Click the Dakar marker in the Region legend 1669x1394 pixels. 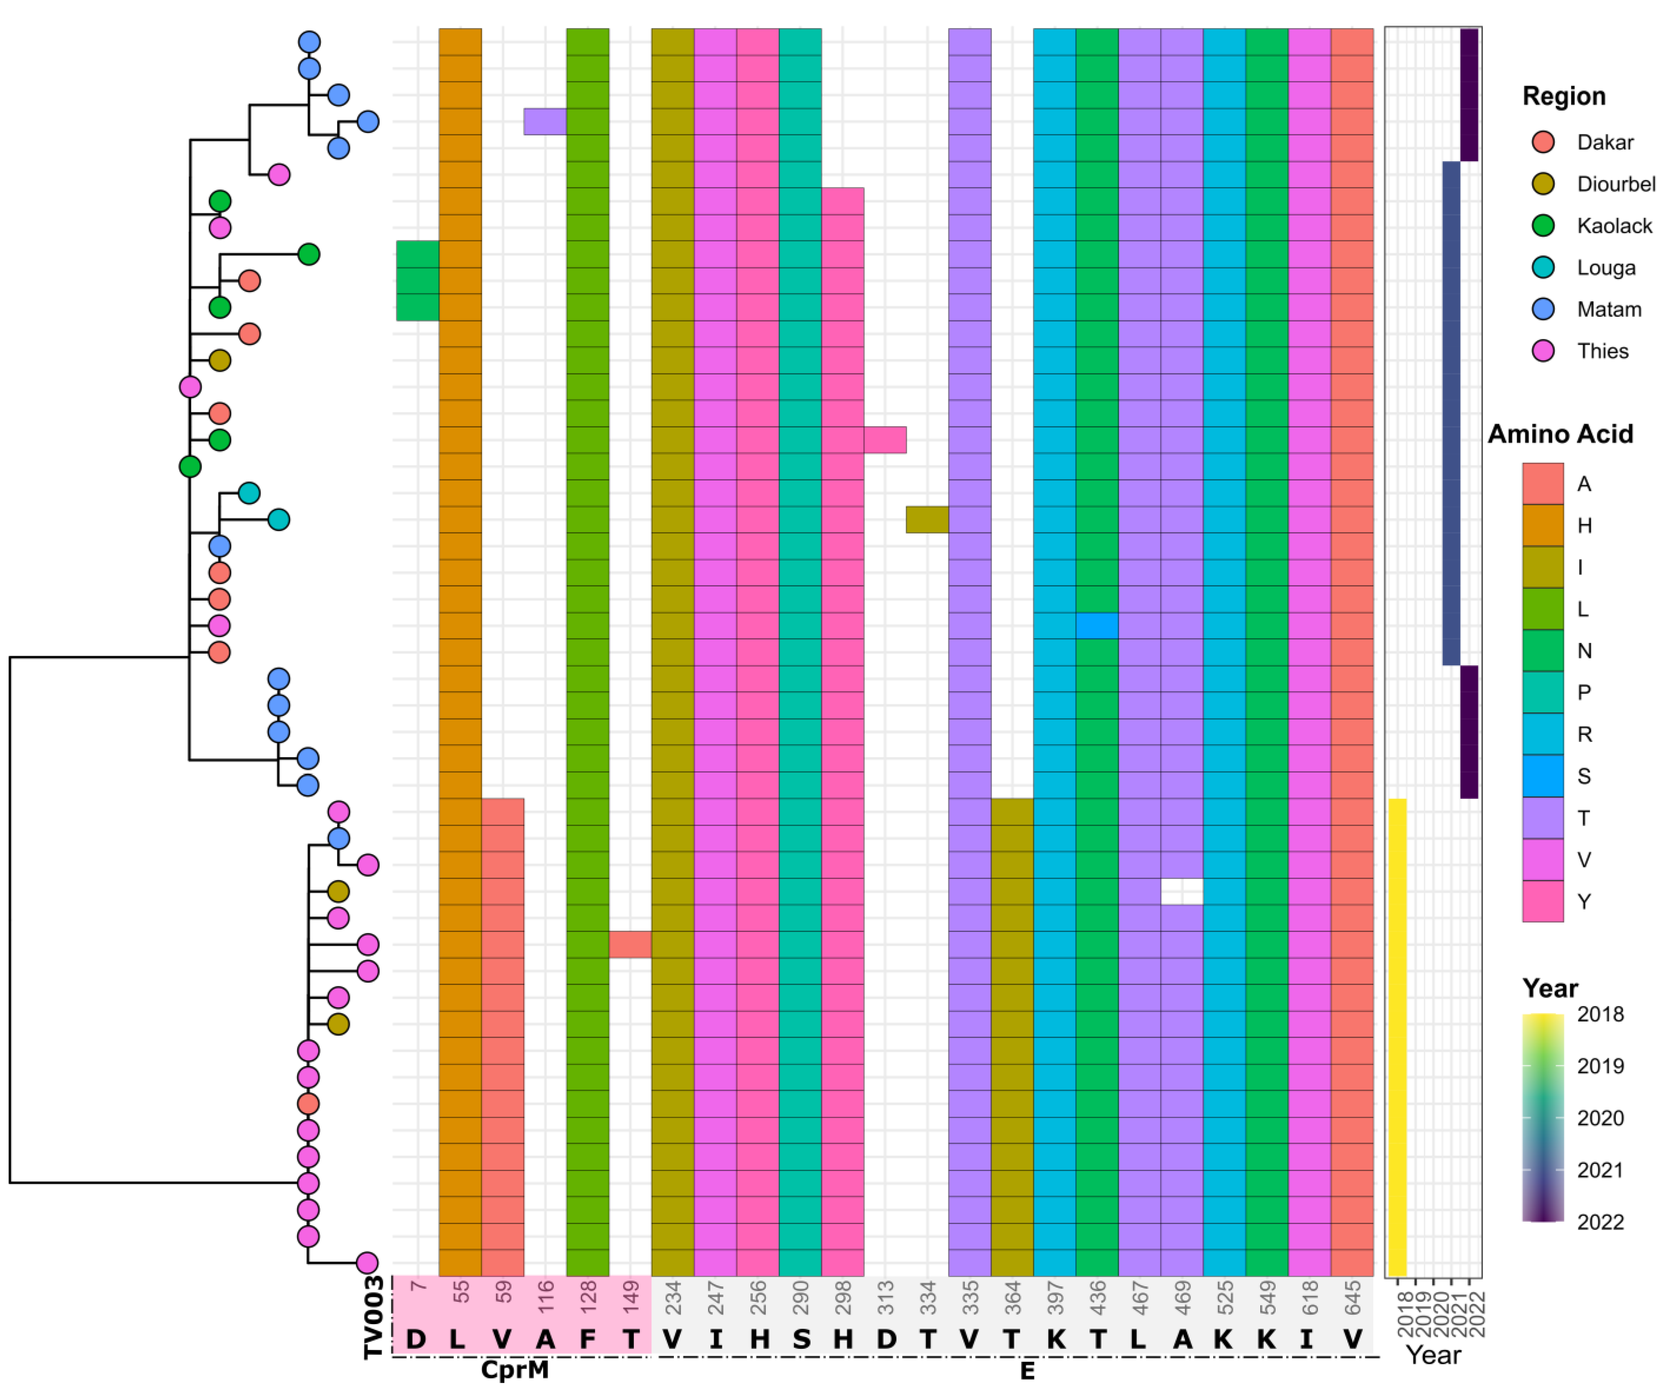pos(1543,143)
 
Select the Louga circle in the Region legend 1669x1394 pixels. pos(1543,268)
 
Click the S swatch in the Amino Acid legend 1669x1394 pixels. pos(1543,776)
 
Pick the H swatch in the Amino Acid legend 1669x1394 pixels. pos(1543,526)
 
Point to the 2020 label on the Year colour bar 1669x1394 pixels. pos(1600,1118)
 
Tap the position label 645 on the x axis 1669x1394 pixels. pos(1353,1298)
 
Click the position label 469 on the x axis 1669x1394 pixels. pos(1183,1298)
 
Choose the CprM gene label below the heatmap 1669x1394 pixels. pos(515,1370)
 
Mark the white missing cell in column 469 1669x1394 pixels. pos(1182,892)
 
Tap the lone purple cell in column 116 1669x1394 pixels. pos(545,122)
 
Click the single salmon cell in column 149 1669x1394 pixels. pos(630,945)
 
